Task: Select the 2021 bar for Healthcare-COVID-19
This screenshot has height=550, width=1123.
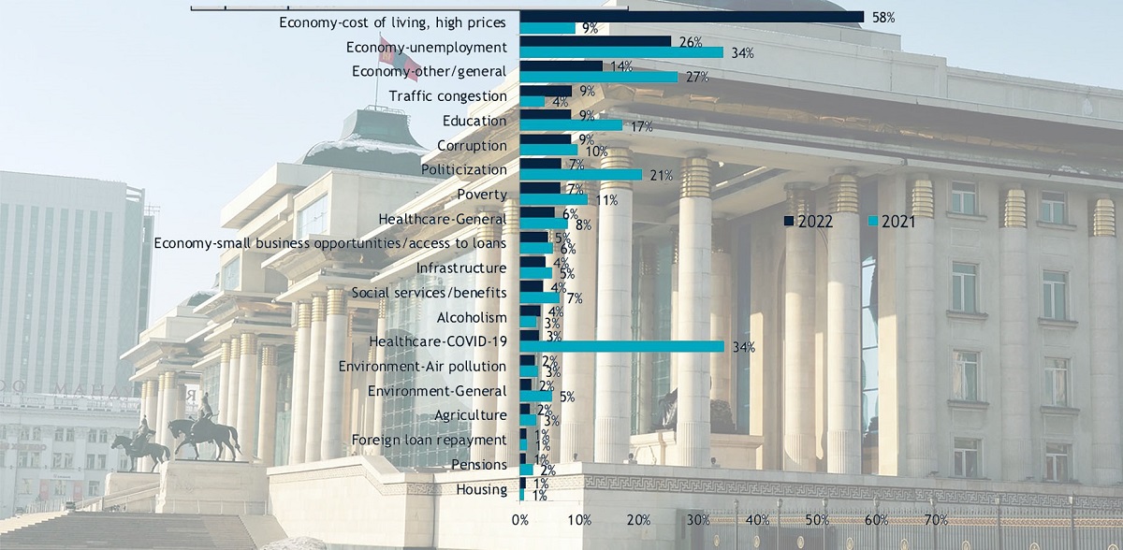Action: tap(621, 346)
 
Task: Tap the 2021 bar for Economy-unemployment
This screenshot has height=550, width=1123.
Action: tap(621, 52)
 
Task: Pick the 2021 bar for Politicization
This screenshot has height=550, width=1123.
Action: tap(580, 174)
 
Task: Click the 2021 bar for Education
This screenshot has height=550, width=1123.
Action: tap(570, 125)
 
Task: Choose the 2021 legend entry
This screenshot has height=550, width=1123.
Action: tap(893, 221)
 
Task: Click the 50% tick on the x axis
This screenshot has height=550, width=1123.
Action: tap(817, 519)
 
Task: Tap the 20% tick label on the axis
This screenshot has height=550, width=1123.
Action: tap(639, 519)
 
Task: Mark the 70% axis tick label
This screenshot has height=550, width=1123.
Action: tap(936, 519)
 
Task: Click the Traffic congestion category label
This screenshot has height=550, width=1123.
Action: tap(447, 95)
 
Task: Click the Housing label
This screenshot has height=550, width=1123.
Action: tap(481, 489)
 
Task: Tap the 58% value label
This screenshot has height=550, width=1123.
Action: tap(883, 17)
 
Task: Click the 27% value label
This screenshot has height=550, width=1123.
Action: tap(696, 77)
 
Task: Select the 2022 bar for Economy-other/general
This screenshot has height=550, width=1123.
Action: tap(561, 65)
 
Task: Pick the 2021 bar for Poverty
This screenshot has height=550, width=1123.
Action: tap(553, 198)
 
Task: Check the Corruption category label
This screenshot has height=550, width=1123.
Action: tap(472, 146)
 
